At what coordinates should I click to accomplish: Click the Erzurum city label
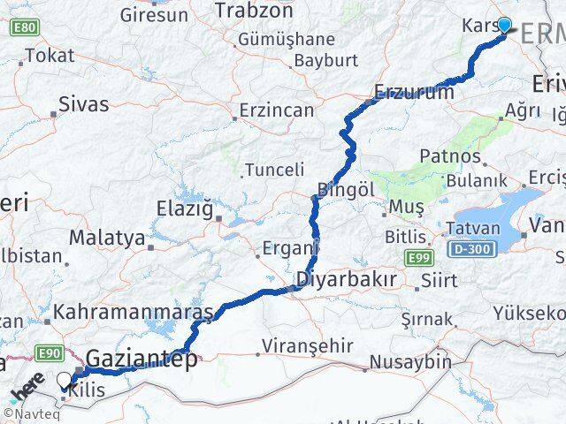click(414, 91)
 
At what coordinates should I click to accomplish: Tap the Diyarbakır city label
click(345, 281)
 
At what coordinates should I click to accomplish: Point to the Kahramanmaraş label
click(134, 313)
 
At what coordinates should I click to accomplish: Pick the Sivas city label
click(83, 104)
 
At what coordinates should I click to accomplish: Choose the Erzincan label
click(277, 111)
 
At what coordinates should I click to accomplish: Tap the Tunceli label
click(274, 169)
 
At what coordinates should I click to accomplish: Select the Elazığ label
click(185, 210)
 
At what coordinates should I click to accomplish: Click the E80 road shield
click(25, 28)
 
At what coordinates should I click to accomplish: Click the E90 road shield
click(50, 353)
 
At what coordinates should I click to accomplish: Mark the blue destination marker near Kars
click(505, 25)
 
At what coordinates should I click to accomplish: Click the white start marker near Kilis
click(65, 381)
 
